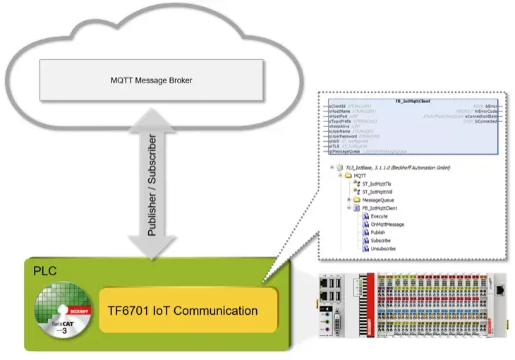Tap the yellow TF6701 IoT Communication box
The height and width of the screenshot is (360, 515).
(188, 311)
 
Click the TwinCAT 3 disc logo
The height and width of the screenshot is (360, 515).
(64, 311)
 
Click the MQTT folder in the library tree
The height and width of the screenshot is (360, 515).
(360, 175)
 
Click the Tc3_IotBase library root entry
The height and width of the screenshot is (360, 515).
(395, 167)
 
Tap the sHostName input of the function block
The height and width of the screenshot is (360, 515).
(342, 111)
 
